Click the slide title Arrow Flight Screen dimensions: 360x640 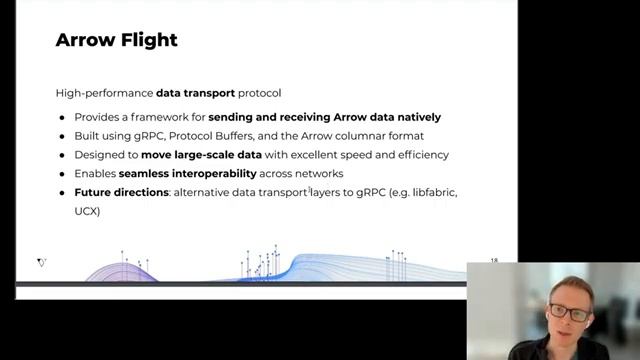pyautogui.click(x=116, y=41)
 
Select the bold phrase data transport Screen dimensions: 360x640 pyautogui.click(x=195, y=93)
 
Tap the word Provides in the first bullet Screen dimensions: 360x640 pyautogui.click(x=96, y=117)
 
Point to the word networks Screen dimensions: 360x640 pyautogui.click(x=318, y=174)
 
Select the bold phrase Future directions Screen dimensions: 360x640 pyautogui.click(x=121, y=192)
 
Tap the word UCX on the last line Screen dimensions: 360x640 pyautogui.click(x=87, y=211)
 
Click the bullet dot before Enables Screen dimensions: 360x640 pyautogui.click(x=62, y=174)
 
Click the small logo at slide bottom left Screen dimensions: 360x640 pyautogui.click(x=42, y=263)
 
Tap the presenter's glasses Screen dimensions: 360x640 pyautogui.click(x=567, y=312)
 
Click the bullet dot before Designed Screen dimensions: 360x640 pyautogui.click(x=62, y=155)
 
